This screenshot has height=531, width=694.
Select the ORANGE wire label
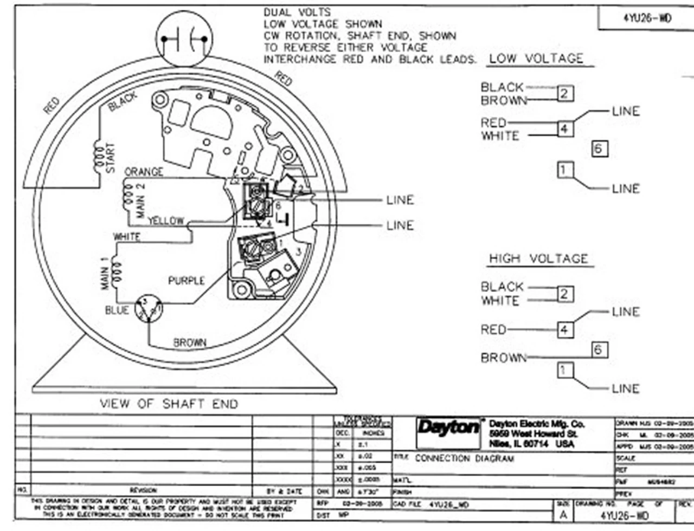(144, 172)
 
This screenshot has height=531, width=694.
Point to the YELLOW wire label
(166, 221)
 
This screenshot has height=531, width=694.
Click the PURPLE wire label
(187, 281)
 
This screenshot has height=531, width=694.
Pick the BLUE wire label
(117, 310)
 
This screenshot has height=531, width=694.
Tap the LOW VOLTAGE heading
(536, 59)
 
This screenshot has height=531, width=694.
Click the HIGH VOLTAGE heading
(538, 258)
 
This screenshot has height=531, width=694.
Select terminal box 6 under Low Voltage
(599, 148)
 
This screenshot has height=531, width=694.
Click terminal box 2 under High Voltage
(564, 294)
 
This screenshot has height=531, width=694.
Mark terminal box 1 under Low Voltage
(564, 170)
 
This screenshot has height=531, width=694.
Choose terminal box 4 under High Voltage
(564, 329)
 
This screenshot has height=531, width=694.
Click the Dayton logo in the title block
(448, 428)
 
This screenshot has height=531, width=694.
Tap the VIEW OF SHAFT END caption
(169, 404)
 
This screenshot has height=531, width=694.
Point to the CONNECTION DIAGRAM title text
(464, 458)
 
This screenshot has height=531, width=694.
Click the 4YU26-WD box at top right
(647, 18)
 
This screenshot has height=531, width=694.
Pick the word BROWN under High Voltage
(504, 358)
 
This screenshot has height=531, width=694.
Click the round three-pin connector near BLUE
(149, 309)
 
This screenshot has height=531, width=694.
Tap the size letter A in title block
(563, 515)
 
